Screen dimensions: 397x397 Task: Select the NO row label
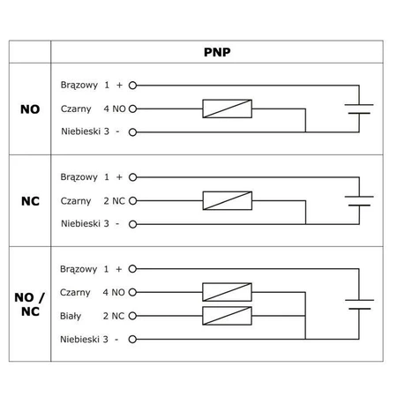click(x=30, y=111)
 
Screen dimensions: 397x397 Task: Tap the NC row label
click(x=30, y=200)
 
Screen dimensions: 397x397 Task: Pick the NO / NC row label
click(x=30, y=303)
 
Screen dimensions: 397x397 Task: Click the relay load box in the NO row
click(x=228, y=109)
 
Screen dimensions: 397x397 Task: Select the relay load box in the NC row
click(x=228, y=200)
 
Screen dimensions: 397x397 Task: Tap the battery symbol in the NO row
click(x=359, y=110)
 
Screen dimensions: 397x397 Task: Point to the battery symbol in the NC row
click(x=359, y=200)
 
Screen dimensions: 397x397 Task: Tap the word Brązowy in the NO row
click(x=79, y=86)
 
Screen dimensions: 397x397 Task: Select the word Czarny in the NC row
click(x=76, y=200)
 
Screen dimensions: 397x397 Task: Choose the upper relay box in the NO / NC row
click(x=228, y=292)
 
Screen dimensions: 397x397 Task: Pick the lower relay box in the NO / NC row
click(x=228, y=315)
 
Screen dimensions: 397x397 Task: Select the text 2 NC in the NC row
click(x=115, y=200)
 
